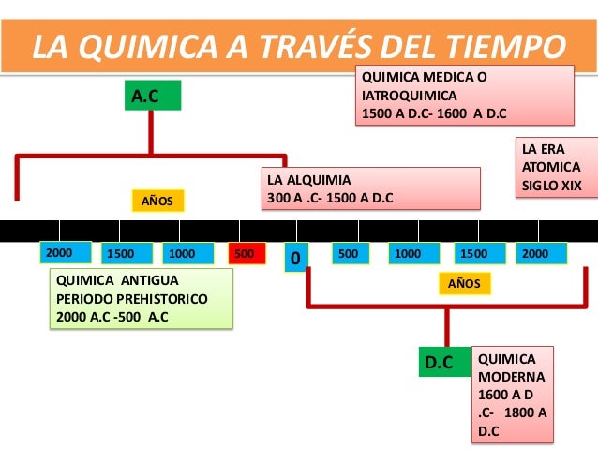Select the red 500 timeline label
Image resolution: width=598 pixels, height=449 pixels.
click(245, 253)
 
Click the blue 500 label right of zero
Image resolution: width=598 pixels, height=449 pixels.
click(351, 253)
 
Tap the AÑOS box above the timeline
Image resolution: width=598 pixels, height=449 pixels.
click(157, 201)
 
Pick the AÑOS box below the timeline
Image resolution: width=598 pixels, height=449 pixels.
click(463, 283)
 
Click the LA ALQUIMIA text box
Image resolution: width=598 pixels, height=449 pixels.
click(370, 187)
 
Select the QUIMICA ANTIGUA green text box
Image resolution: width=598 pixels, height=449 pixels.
click(141, 298)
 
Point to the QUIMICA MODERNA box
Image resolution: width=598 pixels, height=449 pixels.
click(513, 395)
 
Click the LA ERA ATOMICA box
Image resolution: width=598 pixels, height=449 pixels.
click(558, 167)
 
